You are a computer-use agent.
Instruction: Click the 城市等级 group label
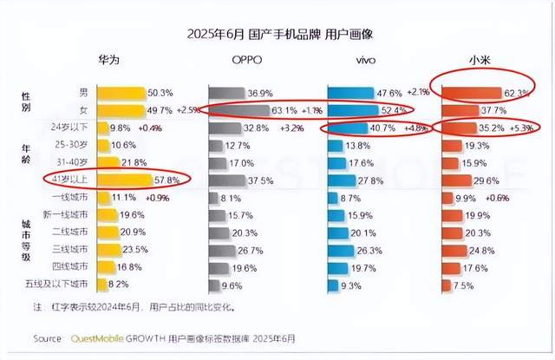coord(26,240)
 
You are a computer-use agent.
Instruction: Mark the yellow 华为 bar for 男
coord(121,92)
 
